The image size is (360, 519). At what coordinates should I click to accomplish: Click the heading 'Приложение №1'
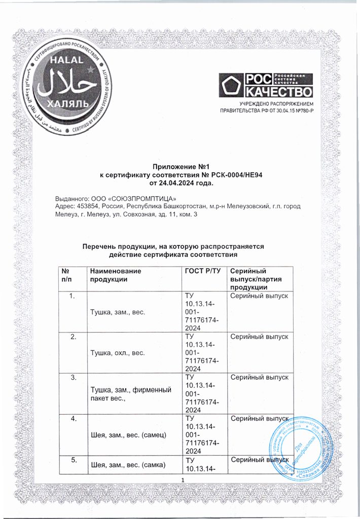click(x=181, y=166)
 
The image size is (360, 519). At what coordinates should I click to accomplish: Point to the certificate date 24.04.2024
click(x=170, y=182)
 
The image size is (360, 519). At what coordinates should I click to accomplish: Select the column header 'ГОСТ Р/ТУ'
click(x=203, y=271)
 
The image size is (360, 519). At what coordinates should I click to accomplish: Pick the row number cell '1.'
click(x=73, y=295)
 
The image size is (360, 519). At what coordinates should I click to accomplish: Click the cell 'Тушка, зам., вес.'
click(x=118, y=312)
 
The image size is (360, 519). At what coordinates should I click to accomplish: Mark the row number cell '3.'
click(x=73, y=378)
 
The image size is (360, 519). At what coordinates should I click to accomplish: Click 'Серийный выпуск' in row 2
click(x=259, y=337)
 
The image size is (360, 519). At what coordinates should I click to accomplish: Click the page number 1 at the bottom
click(x=181, y=479)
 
